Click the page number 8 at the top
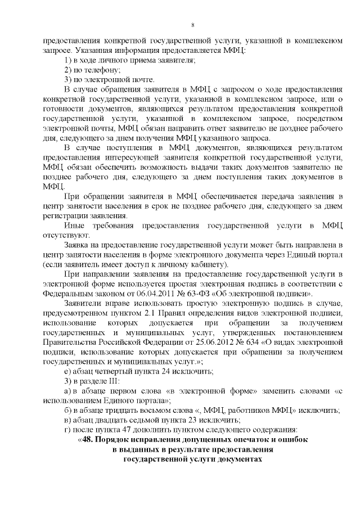click(192, 25)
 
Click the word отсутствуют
click(63, 235)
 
